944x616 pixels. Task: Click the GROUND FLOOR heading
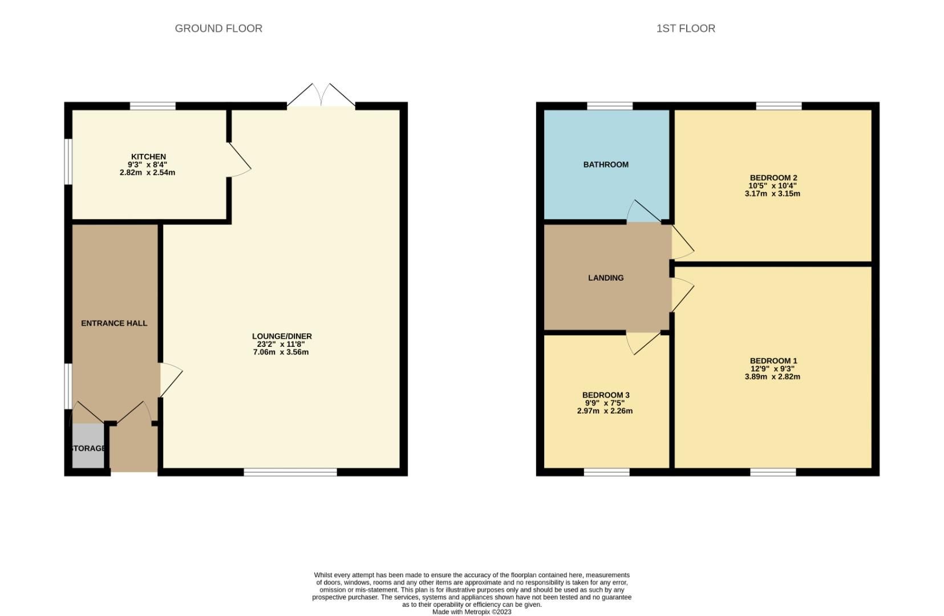[218, 29]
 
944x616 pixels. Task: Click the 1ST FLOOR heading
[686, 29]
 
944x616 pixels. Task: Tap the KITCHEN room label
[148, 156]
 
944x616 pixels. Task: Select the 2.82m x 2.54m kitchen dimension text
[147, 172]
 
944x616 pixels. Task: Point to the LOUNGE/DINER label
[282, 336]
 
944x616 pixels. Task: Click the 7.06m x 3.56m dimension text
[281, 352]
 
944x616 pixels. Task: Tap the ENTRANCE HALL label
[114, 323]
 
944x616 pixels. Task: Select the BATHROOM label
[606, 164]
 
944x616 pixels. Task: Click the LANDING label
[606, 278]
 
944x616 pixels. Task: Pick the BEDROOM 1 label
[773, 360]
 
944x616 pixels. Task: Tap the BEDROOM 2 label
[773, 177]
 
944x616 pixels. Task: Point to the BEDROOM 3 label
[606, 395]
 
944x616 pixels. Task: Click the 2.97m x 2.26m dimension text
[605, 411]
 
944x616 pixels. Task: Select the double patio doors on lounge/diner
[321, 96]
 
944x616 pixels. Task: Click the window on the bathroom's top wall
[610, 106]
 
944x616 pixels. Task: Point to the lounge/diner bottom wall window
[290, 472]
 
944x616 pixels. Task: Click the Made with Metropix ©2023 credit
[472, 612]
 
